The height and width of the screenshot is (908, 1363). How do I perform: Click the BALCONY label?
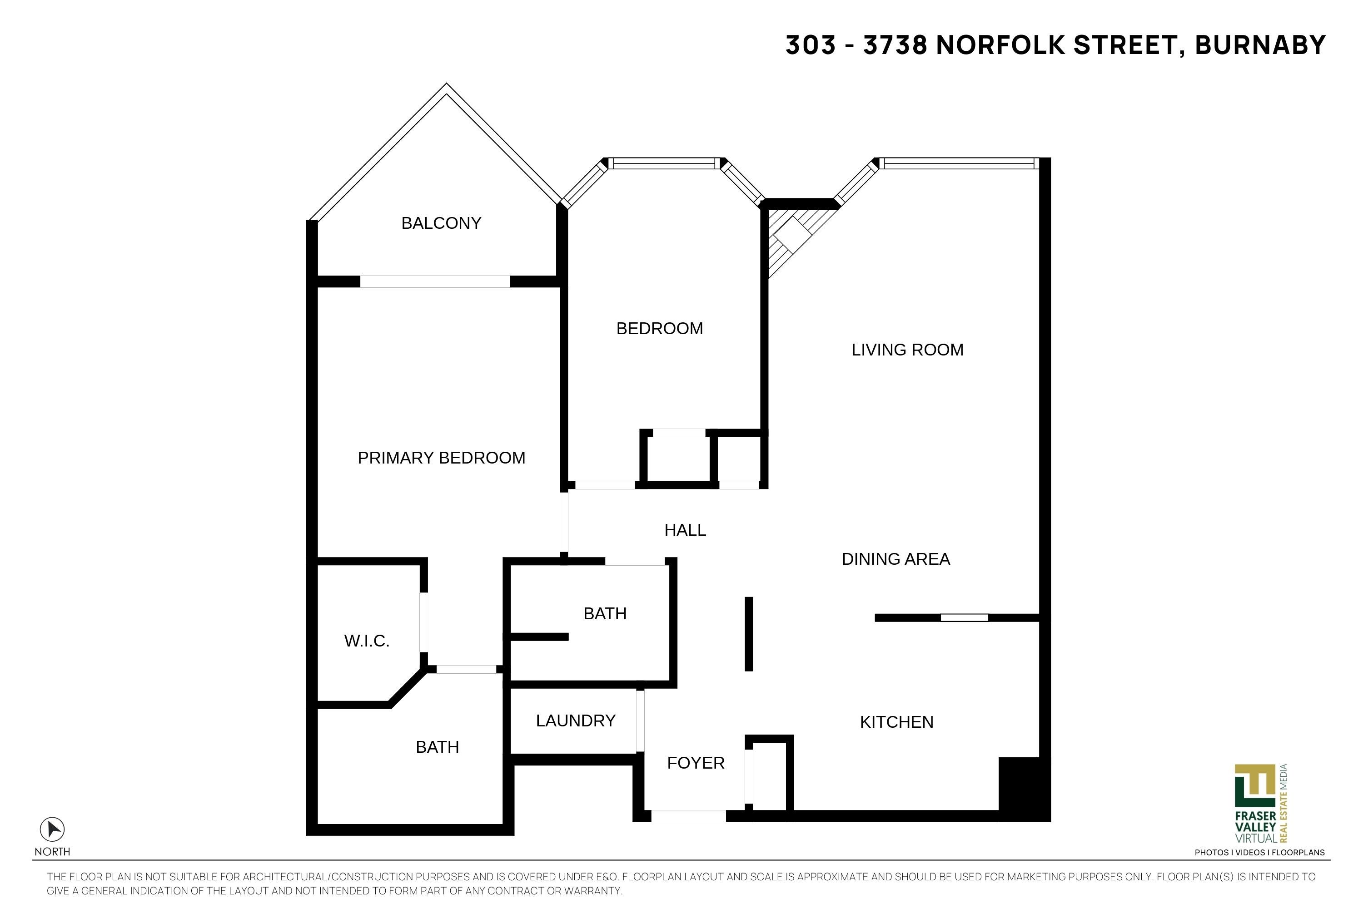pyautogui.click(x=441, y=223)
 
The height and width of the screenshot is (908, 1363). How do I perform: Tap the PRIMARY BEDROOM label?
pyautogui.click(x=441, y=458)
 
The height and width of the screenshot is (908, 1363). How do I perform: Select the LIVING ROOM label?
pyautogui.click(x=907, y=350)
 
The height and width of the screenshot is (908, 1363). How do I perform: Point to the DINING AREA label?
pyautogui.click(x=895, y=559)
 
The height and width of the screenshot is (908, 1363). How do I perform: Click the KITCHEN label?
pyautogui.click(x=896, y=722)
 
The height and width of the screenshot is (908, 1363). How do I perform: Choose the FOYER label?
pyautogui.click(x=696, y=763)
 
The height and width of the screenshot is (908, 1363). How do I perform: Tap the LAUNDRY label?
pyautogui.click(x=576, y=720)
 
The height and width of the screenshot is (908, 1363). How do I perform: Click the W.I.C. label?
pyautogui.click(x=367, y=641)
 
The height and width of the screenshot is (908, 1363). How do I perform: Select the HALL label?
pyautogui.click(x=685, y=530)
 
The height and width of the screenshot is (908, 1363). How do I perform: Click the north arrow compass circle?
pyautogui.click(x=52, y=829)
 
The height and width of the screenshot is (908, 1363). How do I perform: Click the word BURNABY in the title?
pyautogui.click(x=1260, y=45)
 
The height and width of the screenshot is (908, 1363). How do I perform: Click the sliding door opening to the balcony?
pyautogui.click(x=435, y=281)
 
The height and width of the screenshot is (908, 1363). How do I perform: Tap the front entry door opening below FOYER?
pyautogui.click(x=688, y=816)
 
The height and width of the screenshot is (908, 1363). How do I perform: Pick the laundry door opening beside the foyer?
pyautogui.click(x=640, y=720)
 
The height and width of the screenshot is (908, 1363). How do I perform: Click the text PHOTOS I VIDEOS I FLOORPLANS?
pyautogui.click(x=1259, y=853)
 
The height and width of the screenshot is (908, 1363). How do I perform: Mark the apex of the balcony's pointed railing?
pyautogui.click(x=446, y=84)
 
